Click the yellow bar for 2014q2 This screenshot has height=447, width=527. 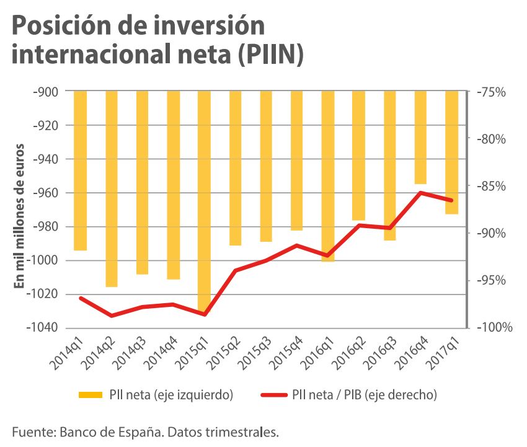click(112, 188)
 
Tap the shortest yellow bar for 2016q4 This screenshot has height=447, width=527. click(420, 137)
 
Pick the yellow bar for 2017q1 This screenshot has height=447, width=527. click(451, 152)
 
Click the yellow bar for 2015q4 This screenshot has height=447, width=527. click(297, 161)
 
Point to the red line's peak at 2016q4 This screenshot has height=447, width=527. click(420, 192)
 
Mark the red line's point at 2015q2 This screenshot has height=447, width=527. click(235, 270)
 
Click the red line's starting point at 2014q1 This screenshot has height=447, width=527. click(81, 298)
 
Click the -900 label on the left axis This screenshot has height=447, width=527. click(47, 92)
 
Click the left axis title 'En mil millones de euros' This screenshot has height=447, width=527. click(19, 215)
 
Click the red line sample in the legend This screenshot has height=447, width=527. click(270, 394)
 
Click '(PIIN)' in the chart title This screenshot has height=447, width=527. click(273, 55)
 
